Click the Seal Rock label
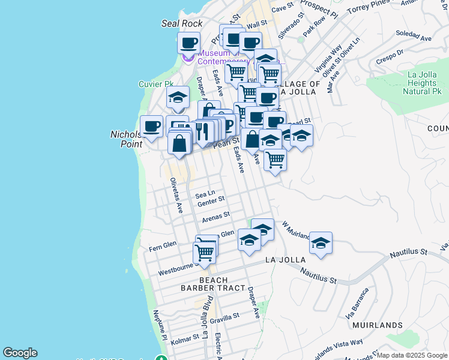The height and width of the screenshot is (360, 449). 182,23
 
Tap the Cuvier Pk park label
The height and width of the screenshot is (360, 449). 155,84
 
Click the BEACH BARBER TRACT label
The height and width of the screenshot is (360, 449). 205,284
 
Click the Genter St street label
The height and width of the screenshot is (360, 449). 211,201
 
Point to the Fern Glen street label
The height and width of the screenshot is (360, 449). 162,246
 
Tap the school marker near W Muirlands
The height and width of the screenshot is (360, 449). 321,243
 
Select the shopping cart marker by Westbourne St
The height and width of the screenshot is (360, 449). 205,253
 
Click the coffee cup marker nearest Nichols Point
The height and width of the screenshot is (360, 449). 151,126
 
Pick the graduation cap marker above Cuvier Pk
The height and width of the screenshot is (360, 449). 178,97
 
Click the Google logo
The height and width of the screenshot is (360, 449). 20,353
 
